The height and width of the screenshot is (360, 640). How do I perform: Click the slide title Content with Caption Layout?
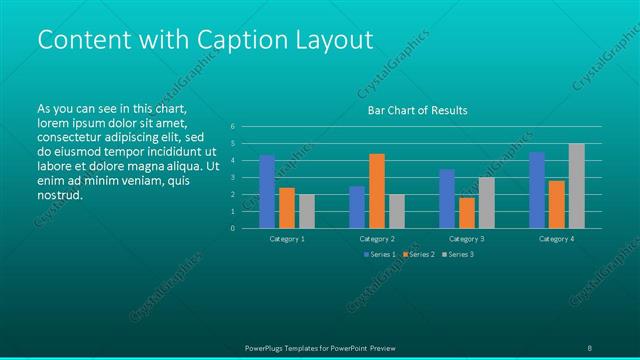coord(205,40)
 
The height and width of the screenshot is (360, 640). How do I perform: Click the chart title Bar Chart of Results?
coord(417,111)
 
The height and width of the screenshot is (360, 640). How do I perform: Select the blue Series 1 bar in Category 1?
coord(267,192)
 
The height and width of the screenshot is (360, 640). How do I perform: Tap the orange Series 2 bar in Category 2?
coord(377,191)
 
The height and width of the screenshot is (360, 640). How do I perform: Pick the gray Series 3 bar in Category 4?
coord(576,186)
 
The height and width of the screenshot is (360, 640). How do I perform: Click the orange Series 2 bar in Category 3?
coord(467,213)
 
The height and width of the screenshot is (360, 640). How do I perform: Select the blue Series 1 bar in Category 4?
coord(537,190)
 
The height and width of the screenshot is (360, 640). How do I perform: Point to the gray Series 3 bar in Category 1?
coord(307,211)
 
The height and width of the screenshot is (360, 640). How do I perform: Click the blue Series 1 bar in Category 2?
coord(357,207)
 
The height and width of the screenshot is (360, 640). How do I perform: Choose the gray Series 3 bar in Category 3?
coord(487,203)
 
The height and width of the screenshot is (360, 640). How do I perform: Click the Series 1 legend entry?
coord(379,255)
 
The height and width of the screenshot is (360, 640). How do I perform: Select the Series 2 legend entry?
coord(418,255)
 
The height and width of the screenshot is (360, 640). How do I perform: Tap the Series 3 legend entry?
coord(457,255)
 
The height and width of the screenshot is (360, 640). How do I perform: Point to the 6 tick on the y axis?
coord(232,127)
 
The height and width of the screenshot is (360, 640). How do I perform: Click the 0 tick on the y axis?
coord(232,228)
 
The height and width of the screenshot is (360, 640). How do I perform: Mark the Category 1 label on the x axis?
coord(288,240)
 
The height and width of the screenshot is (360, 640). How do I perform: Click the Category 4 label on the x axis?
coord(556,240)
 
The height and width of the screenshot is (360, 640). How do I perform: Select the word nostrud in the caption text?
coord(60,195)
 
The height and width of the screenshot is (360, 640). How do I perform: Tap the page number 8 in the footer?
coord(589,347)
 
